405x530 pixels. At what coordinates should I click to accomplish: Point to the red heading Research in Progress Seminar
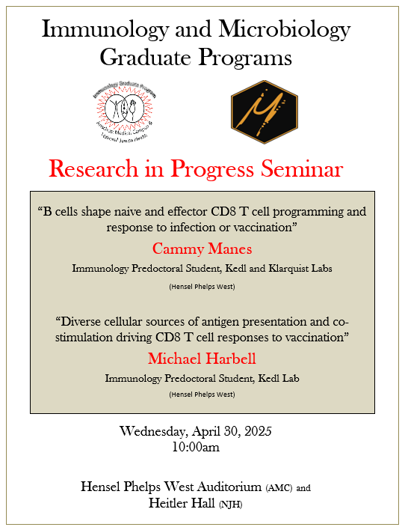tap(196, 168)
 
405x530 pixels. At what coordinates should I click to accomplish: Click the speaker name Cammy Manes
tap(201, 248)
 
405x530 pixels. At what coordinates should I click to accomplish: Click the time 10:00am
tap(196, 447)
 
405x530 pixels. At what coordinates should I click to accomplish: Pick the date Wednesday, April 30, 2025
tap(196, 431)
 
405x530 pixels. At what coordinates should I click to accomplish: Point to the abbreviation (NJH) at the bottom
tap(231, 505)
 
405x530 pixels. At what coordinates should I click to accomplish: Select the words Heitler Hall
tap(183, 504)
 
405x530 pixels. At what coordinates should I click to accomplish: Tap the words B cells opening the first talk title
tap(62, 212)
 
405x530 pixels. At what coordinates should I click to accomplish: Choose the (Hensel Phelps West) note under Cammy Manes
tap(201, 285)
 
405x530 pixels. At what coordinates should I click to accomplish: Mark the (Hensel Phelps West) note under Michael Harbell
tap(201, 394)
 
